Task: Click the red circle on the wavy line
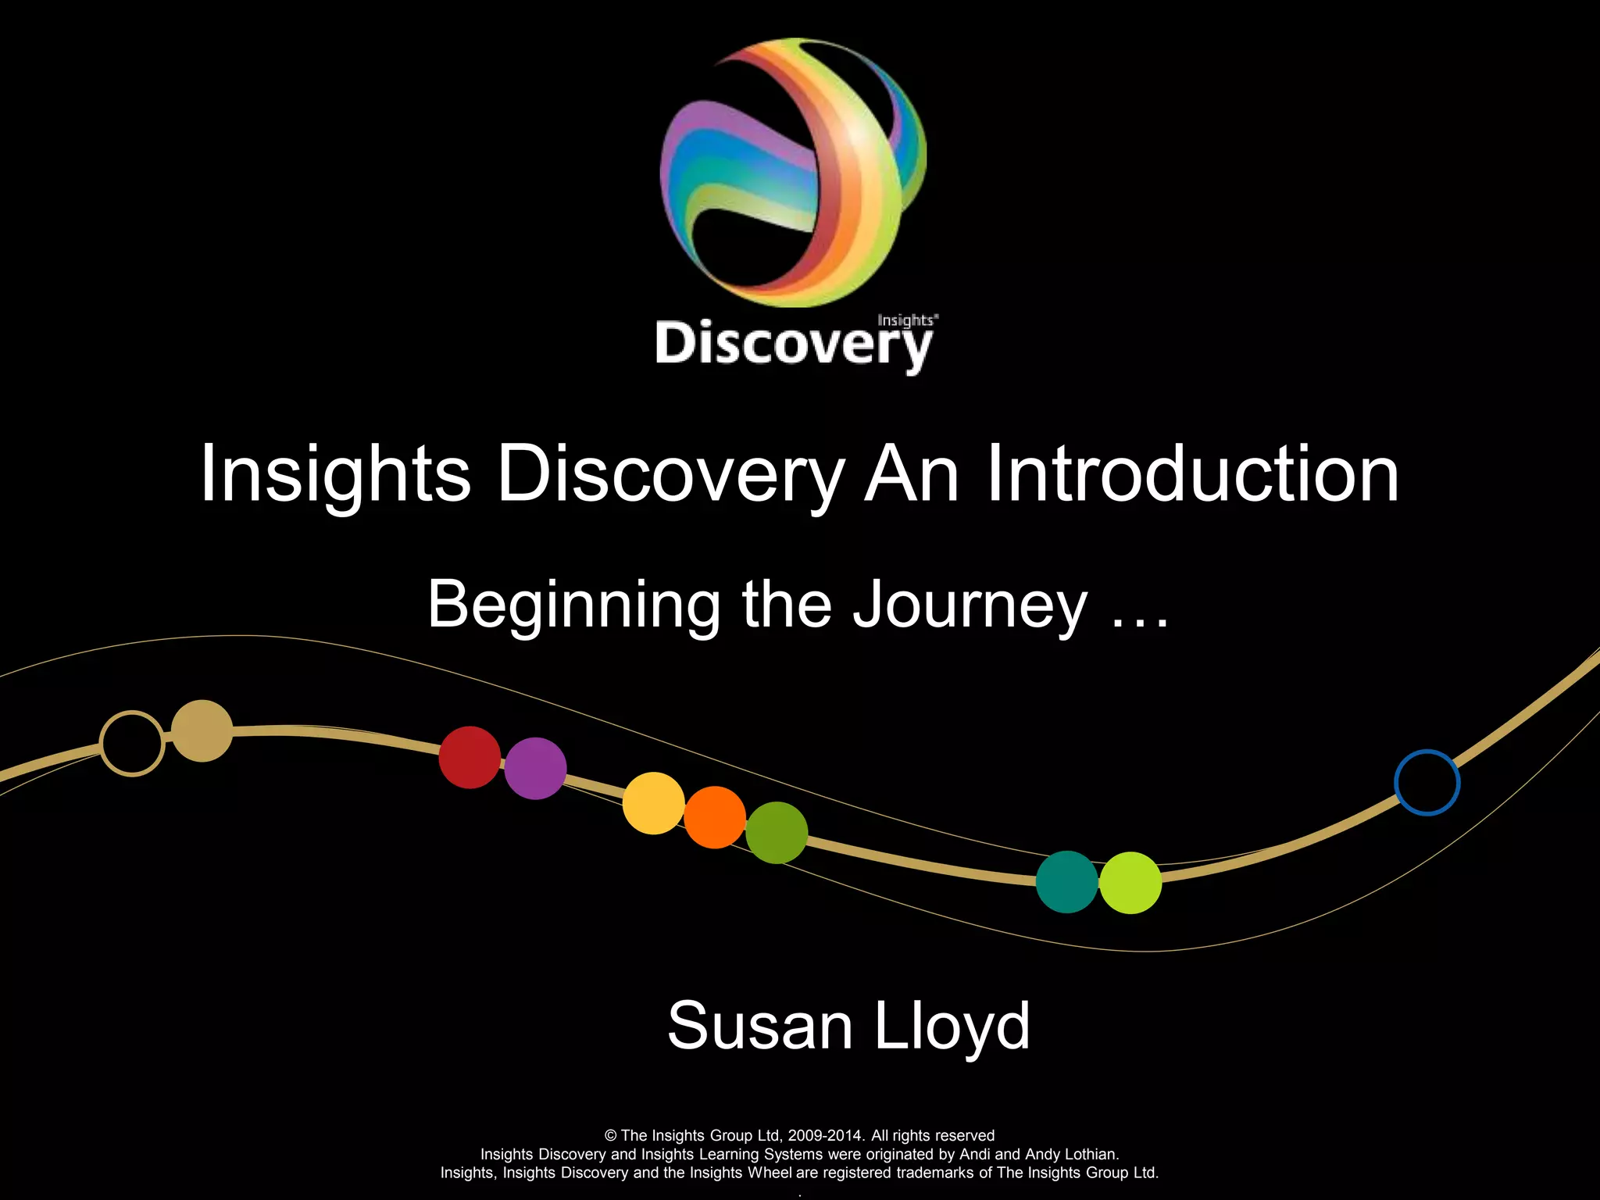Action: [470, 757]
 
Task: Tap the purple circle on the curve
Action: [535, 768]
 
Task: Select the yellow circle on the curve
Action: [654, 803]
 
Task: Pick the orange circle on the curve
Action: [715, 817]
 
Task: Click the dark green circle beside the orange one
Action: [777, 833]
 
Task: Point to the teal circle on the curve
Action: [1067, 882]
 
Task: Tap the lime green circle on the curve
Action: [1130, 883]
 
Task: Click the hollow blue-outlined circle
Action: [1427, 782]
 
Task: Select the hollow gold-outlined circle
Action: [132, 743]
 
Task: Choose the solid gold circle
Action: [202, 730]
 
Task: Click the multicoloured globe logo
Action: [793, 172]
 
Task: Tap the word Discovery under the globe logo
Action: [793, 344]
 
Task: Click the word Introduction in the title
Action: [1193, 473]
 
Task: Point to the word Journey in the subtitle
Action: [970, 605]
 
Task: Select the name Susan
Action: [759, 1026]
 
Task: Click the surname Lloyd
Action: [952, 1026]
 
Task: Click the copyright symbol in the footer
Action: [611, 1136]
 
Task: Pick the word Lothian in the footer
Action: [1091, 1154]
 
